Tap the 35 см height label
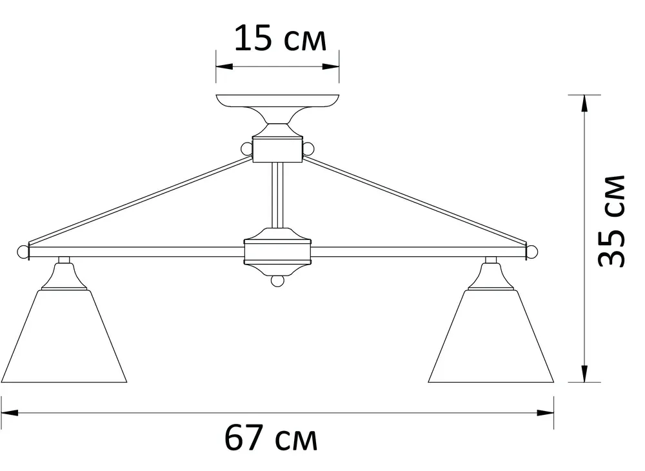point(611,221)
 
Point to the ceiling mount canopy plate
point(277,101)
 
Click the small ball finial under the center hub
point(277,281)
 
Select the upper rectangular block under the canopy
point(277,150)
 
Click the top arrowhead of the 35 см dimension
point(584,104)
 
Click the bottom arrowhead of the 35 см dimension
point(584,372)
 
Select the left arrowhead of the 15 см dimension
point(223,66)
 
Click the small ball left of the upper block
point(246,149)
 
